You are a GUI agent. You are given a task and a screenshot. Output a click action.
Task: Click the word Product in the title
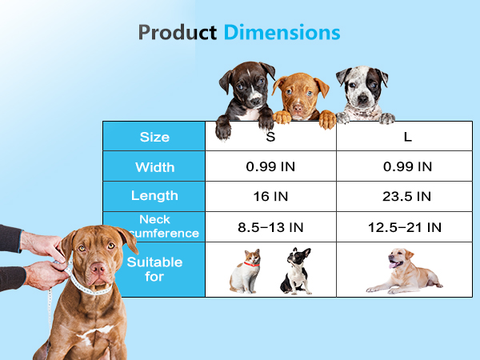[x=178, y=33]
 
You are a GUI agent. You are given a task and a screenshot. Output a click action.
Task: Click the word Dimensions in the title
[x=282, y=33]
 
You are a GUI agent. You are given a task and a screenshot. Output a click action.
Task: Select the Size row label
[x=154, y=137]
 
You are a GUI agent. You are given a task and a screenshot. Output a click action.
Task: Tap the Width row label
[x=154, y=167]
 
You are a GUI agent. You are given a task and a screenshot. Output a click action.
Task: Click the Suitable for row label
[x=154, y=270]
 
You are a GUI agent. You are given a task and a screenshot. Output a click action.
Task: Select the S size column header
[x=270, y=137]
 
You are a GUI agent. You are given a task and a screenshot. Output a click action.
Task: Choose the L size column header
[x=407, y=137]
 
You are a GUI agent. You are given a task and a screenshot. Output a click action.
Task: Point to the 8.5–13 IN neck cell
[x=270, y=227]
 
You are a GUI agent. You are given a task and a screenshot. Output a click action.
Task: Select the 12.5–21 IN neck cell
[x=407, y=227]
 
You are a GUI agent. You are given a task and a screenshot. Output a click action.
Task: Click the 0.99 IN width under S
[x=270, y=167]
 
